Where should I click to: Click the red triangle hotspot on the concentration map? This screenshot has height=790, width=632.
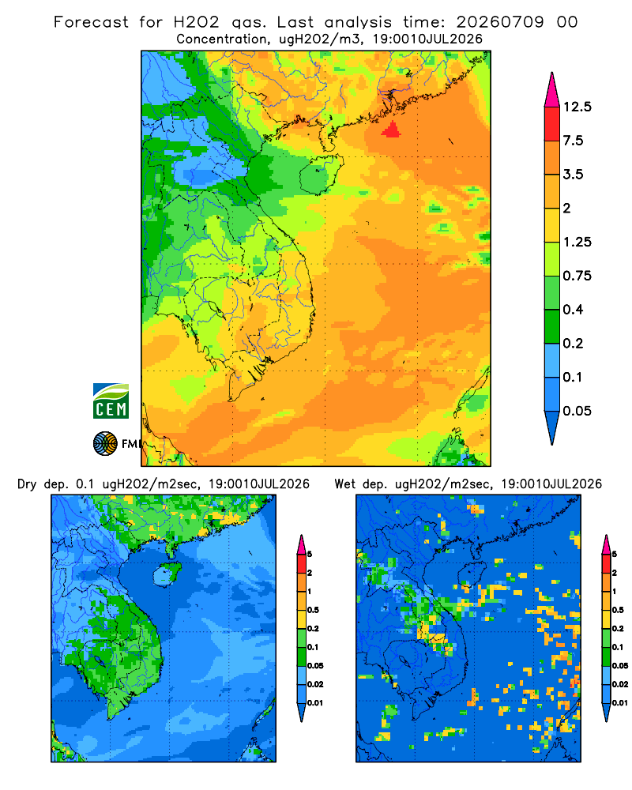[x=392, y=130]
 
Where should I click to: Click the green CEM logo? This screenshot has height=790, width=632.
[x=111, y=401]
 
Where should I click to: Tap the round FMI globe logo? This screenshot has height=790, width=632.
[x=105, y=443]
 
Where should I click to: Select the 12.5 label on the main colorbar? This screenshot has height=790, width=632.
[x=577, y=107]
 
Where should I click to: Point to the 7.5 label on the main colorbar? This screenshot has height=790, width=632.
[x=573, y=141]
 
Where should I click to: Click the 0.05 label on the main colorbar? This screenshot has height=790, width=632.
[x=577, y=411]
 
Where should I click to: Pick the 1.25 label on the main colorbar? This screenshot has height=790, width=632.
[x=577, y=243]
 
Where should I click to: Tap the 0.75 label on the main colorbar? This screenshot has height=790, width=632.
[x=577, y=276]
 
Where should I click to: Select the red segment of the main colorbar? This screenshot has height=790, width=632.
[x=552, y=124]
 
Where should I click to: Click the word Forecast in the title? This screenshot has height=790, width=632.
[x=91, y=22]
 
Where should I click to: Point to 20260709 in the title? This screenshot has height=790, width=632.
[x=500, y=22]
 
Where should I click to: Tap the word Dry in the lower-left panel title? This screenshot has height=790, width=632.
[x=27, y=484]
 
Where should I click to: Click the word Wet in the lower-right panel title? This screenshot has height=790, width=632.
[x=345, y=484]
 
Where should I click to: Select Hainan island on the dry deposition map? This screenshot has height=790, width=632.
[x=167, y=574]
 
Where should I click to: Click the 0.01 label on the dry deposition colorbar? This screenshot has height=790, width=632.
[x=315, y=703]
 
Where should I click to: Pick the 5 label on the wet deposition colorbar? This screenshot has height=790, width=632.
[x=614, y=555]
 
